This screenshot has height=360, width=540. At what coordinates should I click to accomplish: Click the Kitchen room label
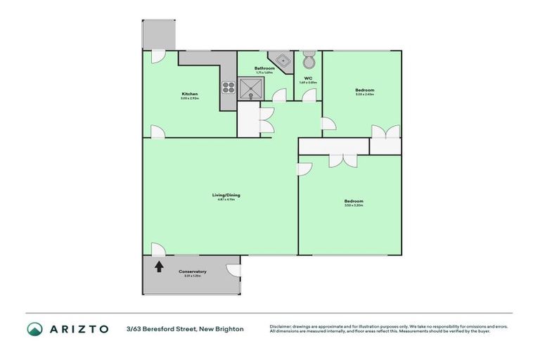[x=190, y=94]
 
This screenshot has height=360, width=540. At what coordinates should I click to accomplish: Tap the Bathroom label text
[x=264, y=68]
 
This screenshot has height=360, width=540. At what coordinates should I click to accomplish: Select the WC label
[x=308, y=78]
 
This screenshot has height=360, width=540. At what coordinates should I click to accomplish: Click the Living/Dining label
[x=223, y=195]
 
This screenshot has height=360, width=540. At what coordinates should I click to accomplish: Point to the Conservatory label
[x=192, y=271]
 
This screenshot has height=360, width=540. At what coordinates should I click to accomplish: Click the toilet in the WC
[x=308, y=60]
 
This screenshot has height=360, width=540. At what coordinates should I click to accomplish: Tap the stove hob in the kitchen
[x=229, y=88]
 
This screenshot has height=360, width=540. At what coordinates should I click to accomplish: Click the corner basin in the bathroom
[x=282, y=60]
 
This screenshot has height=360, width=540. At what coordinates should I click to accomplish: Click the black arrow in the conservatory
[x=159, y=266]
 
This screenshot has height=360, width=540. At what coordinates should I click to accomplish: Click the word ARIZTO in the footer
[x=79, y=328]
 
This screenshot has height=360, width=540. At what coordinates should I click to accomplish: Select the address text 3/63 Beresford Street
[x=185, y=328]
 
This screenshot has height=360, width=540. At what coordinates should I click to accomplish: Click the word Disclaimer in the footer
[x=281, y=326]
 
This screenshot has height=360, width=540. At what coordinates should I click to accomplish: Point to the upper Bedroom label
[x=364, y=90]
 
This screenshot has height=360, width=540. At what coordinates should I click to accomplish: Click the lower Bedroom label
[x=354, y=201]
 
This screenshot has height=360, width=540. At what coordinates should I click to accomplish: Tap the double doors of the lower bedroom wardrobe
[x=345, y=159]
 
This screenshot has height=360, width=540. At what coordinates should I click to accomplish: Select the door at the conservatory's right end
[x=233, y=270]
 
